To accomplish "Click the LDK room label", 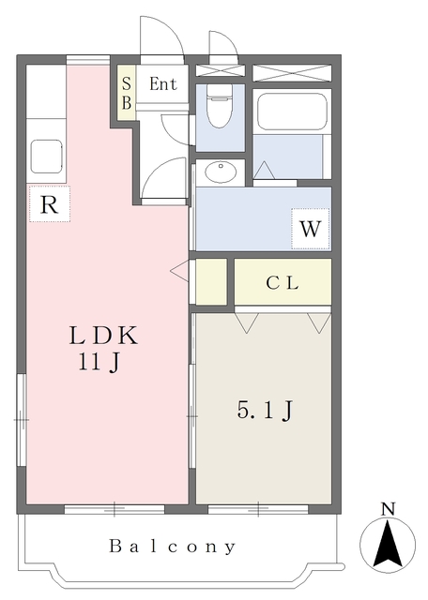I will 104,336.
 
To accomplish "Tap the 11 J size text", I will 99,364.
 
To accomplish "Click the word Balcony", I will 171,546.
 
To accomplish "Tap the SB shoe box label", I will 126,92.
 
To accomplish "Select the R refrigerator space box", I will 50,204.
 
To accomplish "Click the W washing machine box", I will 311,228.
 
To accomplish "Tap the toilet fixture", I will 218,108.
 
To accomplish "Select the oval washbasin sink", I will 221,172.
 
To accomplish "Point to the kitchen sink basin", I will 46,156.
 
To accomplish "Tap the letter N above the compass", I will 388,509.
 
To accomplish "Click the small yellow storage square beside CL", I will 211,281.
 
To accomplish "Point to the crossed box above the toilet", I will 220,71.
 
